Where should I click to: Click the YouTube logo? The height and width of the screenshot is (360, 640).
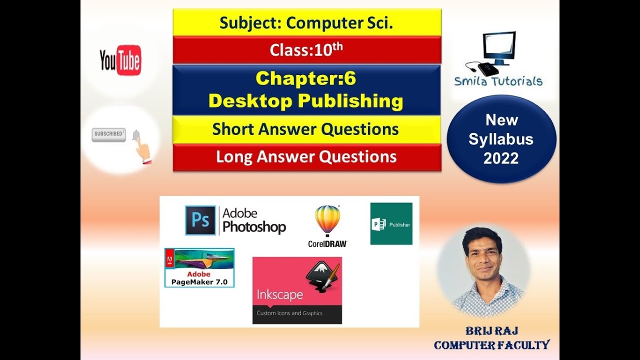[x=120, y=60]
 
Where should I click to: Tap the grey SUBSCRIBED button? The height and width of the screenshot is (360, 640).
[x=108, y=134]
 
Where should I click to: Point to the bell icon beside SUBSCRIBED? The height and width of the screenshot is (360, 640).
[x=135, y=135]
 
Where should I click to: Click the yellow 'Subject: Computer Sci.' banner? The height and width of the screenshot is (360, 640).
[x=306, y=22]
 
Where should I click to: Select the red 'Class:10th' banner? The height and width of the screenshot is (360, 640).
[x=306, y=50]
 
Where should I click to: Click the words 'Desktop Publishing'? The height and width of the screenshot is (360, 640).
[x=306, y=101]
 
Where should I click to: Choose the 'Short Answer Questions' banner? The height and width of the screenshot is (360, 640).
[x=306, y=129]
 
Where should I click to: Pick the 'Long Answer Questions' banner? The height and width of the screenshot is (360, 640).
[x=306, y=157]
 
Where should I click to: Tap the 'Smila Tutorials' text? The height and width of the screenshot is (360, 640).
[x=498, y=81]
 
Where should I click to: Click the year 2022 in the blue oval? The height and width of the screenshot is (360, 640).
[x=501, y=158]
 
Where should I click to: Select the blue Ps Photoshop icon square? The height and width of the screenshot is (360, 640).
[x=200, y=220]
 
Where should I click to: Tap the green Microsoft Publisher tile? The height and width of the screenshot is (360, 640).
[x=391, y=223]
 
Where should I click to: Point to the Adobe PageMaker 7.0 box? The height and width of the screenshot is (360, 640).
[x=199, y=267]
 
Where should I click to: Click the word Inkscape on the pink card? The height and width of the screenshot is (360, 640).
[x=279, y=294]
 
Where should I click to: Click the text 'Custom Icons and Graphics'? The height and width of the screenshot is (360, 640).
[x=289, y=313]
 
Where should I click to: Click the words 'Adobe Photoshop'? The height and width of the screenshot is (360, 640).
[x=254, y=220]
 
